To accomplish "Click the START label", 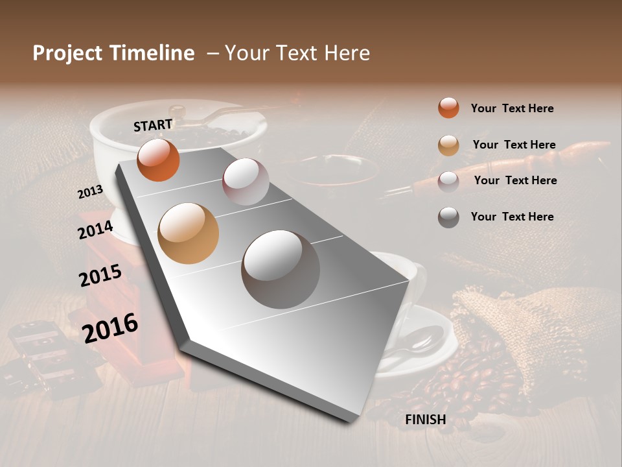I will [153, 125].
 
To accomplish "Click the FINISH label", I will [425, 420].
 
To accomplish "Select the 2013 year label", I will [91, 191].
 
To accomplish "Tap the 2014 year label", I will [95, 230].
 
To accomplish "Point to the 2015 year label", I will [100, 276].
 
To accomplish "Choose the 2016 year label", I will [110, 328].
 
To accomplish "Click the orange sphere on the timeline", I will [158, 160].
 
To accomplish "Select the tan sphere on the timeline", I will [189, 233].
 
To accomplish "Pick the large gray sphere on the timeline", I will [281, 269].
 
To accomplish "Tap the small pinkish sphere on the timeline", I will [246, 181].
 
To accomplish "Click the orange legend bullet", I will [448, 108].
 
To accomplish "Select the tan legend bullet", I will [448, 145].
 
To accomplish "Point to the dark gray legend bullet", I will [448, 217].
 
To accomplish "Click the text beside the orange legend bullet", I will [512, 108].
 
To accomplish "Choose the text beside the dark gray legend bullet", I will [512, 217].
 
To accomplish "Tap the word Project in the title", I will [68, 53].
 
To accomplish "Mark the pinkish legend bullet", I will [448, 181].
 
